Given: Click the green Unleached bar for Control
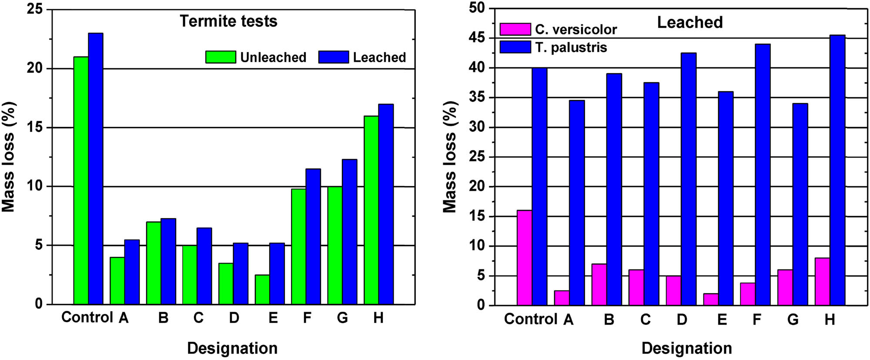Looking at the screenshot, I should pyautogui.click(x=81, y=180).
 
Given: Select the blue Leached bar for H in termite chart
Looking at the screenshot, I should pyautogui.click(x=386, y=204).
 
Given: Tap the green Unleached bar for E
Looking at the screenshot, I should pyautogui.click(x=262, y=290).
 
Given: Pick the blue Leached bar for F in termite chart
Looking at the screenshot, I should pyautogui.click(x=313, y=237).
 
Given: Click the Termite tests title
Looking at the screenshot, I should pyautogui.click(x=228, y=21).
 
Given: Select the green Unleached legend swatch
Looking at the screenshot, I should pyautogui.click(x=221, y=57).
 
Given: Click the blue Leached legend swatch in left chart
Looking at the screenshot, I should pyautogui.click(x=334, y=57).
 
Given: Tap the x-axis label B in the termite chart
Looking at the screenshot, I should pyautogui.click(x=163, y=318).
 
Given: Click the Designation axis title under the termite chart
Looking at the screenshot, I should pyautogui.click(x=232, y=348).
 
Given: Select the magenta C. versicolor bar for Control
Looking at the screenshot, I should pyautogui.click(x=524, y=258).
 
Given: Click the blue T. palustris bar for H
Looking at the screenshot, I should pyautogui.click(x=837, y=170).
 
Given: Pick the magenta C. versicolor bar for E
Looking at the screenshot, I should pyautogui.click(x=711, y=299).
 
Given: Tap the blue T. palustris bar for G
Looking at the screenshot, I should pyautogui.click(x=800, y=204).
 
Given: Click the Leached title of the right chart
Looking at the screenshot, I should pyautogui.click(x=689, y=22).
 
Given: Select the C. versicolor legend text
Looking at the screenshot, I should pyautogui.click(x=576, y=30).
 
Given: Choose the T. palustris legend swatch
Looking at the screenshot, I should pyautogui.click(x=515, y=47).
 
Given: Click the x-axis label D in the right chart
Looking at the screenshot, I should pyautogui.click(x=682, y=320).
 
